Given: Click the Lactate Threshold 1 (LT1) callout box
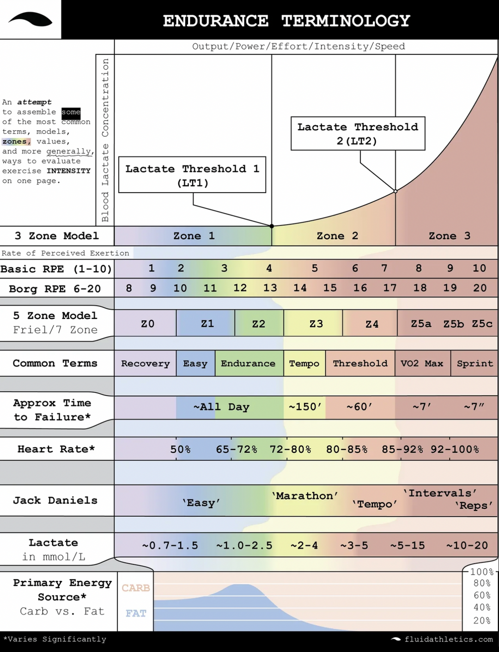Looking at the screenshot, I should [x=192, y=175].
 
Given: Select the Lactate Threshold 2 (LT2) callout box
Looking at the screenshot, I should [x=358, y=133].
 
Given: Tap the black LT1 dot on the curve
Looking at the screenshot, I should [x=272, y=226].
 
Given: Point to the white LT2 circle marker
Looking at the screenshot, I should [x=396, y=191].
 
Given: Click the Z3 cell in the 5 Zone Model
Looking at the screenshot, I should [x=316, y=324].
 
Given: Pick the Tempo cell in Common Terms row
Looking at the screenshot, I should [x=304, y=363].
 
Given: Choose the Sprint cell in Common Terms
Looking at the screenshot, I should [x=475, y=363].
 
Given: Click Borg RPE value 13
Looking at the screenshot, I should [x=270, y=288].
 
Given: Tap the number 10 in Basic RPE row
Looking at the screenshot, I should [x=479, y=268].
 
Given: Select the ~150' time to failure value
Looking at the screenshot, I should [x=304, y=407].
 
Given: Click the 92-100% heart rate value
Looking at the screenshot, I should [x=455, y=449].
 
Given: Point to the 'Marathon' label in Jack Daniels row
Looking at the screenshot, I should [x=305, y=496].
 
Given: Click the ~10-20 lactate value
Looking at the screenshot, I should [x=467, y=545].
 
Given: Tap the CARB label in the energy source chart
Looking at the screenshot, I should [x=136, y=588].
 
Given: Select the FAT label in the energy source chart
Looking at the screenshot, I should [x=136, y=613].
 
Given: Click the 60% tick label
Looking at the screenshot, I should [x=482, y=596].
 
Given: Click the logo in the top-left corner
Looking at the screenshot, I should [x=30, y=19].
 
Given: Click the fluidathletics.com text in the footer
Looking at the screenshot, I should [x=448, y=640].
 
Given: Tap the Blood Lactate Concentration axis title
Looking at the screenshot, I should [x=105, y=140].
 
